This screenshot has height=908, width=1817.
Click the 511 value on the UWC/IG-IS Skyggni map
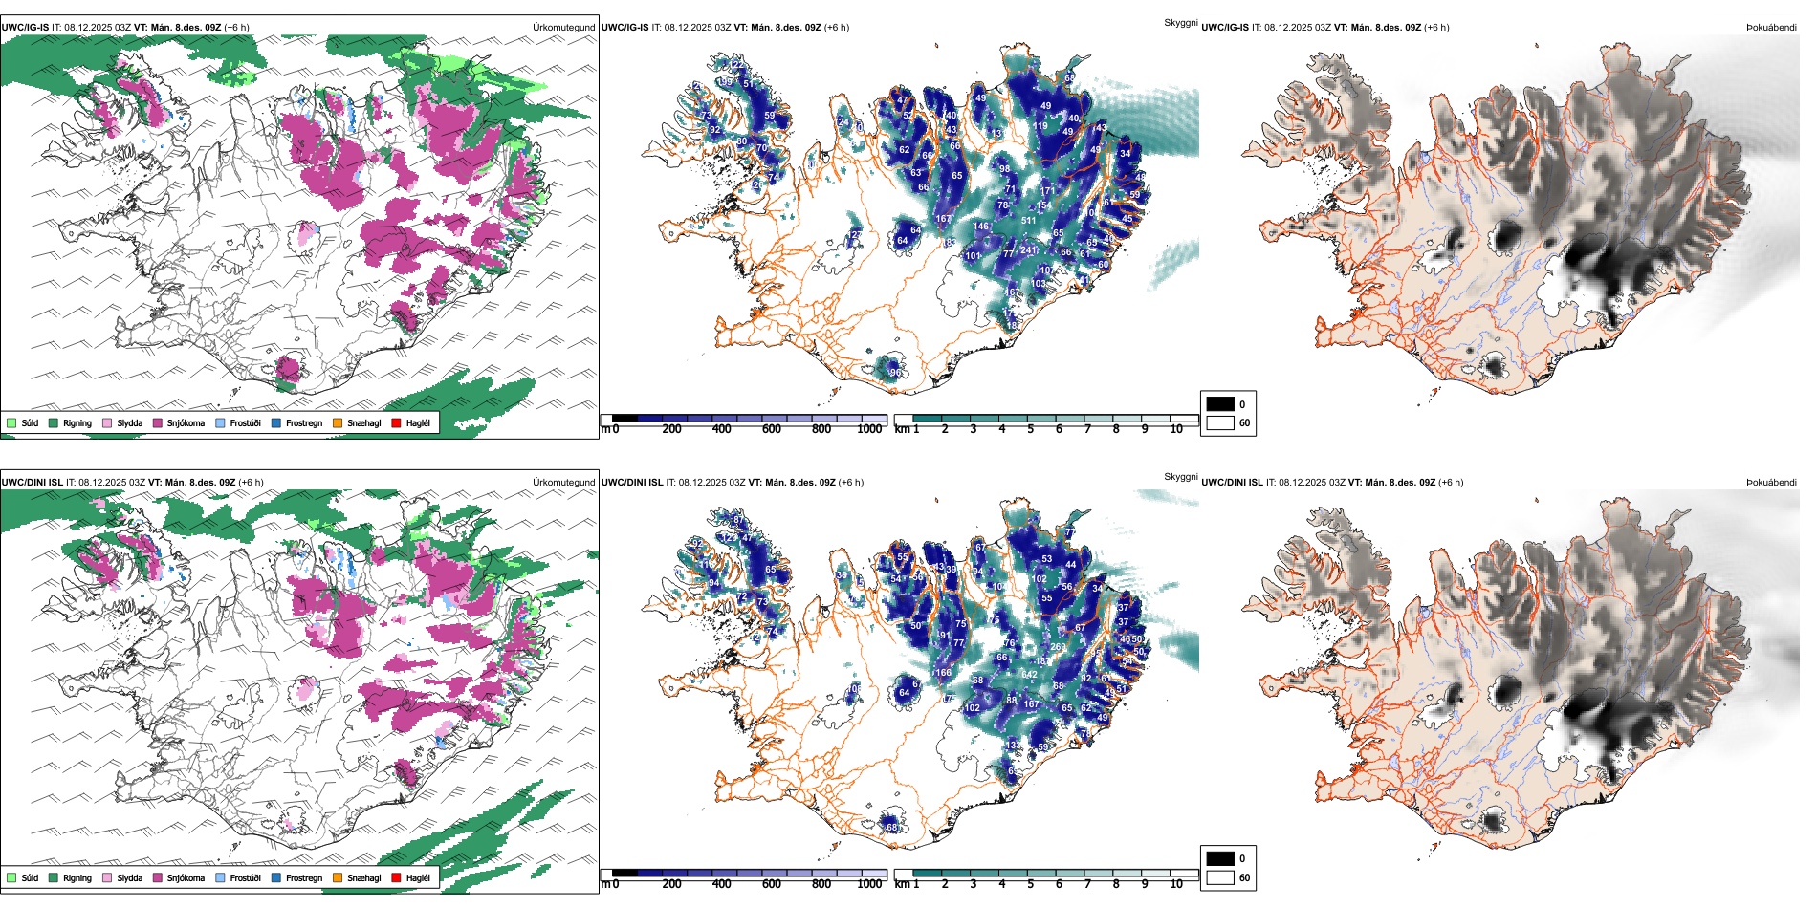[x=1029, y=221]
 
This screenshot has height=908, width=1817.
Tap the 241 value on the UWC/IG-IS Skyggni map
[x=1029, y=250]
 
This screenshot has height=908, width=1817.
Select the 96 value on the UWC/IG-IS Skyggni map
[x=895, y=373]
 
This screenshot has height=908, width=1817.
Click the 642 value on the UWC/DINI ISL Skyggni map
[x=1029, y=675]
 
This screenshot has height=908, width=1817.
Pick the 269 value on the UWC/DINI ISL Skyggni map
[x=1058, y=647]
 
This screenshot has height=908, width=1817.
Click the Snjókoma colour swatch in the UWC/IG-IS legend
[x=158, y=422]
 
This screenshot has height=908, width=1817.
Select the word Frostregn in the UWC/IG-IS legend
[x=304, y=422]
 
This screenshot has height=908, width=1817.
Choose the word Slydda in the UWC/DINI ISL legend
[x=129, y=877]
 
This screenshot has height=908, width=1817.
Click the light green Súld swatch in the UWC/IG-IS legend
[x=11, y=422]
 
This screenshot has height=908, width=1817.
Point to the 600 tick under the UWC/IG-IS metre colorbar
[x=772, y=429]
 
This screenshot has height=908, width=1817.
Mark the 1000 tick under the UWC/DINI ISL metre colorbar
[x=869, y=884]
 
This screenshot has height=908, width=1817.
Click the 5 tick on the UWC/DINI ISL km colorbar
[x=1030, y=884]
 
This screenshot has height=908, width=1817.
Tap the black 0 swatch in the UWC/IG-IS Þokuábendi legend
[x=1220, y=404]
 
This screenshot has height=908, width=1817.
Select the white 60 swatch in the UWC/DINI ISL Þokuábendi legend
[x=1220, y=877]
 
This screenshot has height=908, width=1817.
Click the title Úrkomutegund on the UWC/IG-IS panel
[x=563, y=28]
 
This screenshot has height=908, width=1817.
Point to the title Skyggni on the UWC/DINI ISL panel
[x=1180, y=477]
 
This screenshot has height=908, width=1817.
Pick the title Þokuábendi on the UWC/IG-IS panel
[x=1771, y=28]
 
